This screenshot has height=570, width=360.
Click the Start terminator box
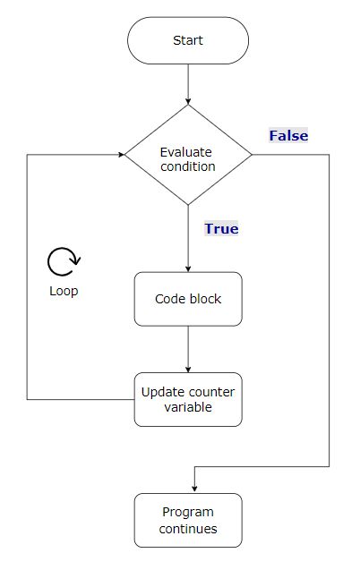[x=188, y=40]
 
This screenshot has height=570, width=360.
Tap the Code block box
[x=188, y=299]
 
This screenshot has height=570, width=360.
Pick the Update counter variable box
[x=188, y=399]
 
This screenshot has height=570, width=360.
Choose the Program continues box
[x=188, y=520]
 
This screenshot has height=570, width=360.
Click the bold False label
[x=288, y=136]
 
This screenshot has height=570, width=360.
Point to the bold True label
[x=221, y=229]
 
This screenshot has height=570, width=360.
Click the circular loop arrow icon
[x=64, y=262]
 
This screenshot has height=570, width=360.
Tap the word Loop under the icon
[x=64, y=292]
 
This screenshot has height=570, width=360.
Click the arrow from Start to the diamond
[x=188, y=84]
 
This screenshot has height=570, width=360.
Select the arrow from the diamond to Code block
[x=188, y=238]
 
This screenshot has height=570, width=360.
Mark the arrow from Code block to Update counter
[x=188, y=349]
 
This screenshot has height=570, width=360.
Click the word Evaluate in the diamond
[x=188, y=151]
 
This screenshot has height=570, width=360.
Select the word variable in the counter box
[x=188, y=407]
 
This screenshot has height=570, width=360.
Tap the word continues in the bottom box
[x=188, y=528]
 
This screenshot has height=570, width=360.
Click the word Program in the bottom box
[x=188, y=512]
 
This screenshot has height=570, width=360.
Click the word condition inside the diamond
[x=188, y=166]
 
